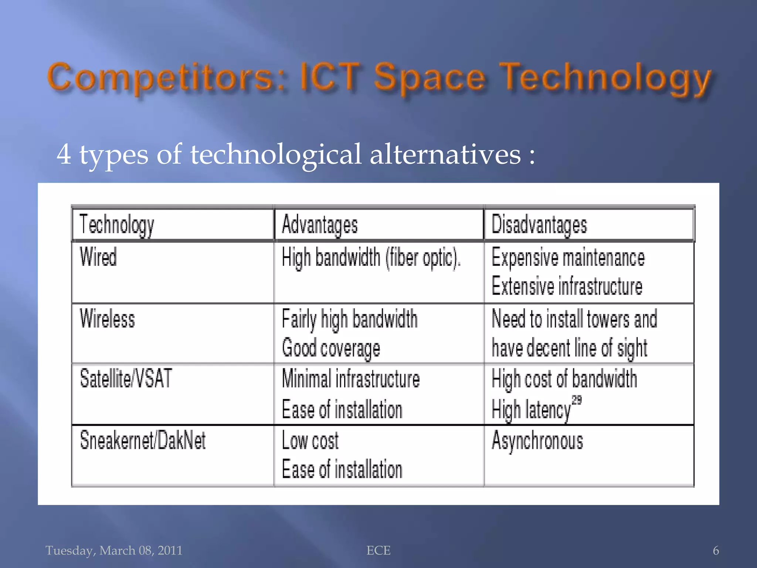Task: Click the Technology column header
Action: (x=116, y=225)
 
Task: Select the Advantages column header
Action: (x=320, y=225)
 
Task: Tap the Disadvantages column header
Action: (x=539, y=225)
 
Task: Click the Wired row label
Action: (x=98, y=257)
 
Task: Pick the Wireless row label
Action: (x=107, y=318)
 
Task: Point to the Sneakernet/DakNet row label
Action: (x=143, y=440)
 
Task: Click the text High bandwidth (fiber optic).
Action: (x=371, y=257)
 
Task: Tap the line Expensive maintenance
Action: (x=568, y=257)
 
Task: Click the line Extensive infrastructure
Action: (x=567, y=286)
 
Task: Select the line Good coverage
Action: (x=331, y=348)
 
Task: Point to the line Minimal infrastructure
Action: (x=351, y=379)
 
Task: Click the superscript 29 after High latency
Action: (x=577, y=400)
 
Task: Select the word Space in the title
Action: (x=429, y=78)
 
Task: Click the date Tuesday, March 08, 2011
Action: (x=114, y=551)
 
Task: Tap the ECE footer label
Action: (x=378, y=551)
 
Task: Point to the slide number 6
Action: (x=716, y=551)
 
